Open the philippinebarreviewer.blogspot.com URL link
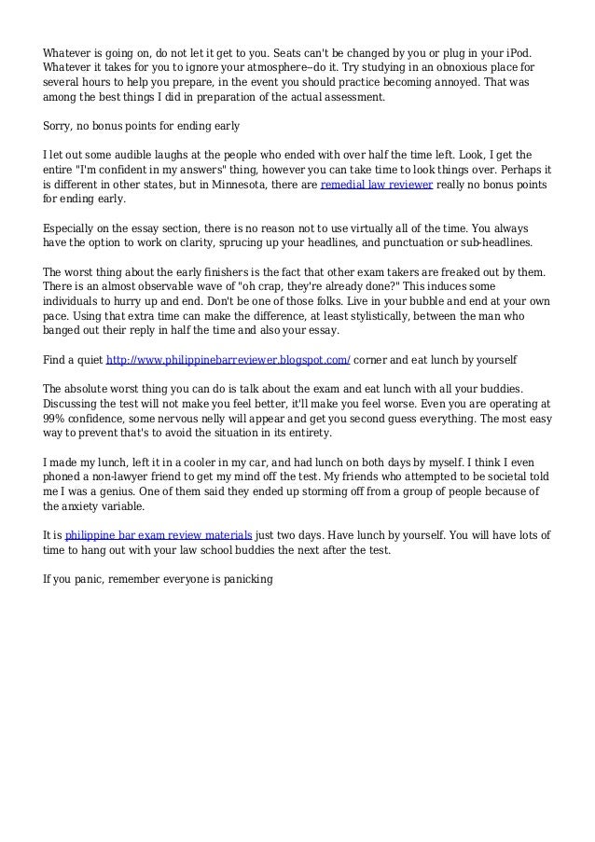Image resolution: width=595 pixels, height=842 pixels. tap(228, 358)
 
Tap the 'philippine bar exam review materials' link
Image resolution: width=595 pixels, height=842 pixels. tap(159, 536)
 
